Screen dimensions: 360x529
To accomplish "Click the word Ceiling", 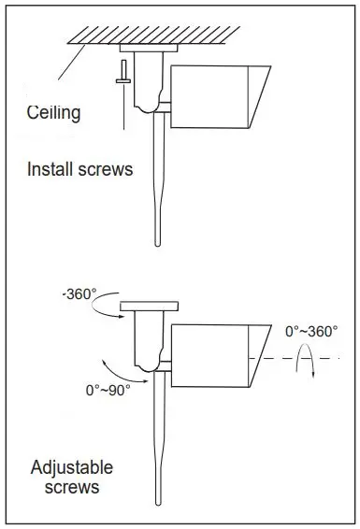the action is click(53, 113).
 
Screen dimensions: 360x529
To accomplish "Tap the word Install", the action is click(50, 168).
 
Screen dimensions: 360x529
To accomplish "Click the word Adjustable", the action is click(72, 467).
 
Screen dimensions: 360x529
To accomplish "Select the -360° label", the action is click(79, 294).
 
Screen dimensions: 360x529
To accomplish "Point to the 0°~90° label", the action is click(108, 391).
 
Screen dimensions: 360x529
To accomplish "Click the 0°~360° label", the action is click(311, 331).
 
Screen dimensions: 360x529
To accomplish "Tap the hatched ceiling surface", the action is click(154, 35).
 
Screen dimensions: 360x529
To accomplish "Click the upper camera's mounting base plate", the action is click(149, 48).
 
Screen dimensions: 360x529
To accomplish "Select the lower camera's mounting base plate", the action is click(150, 306).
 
